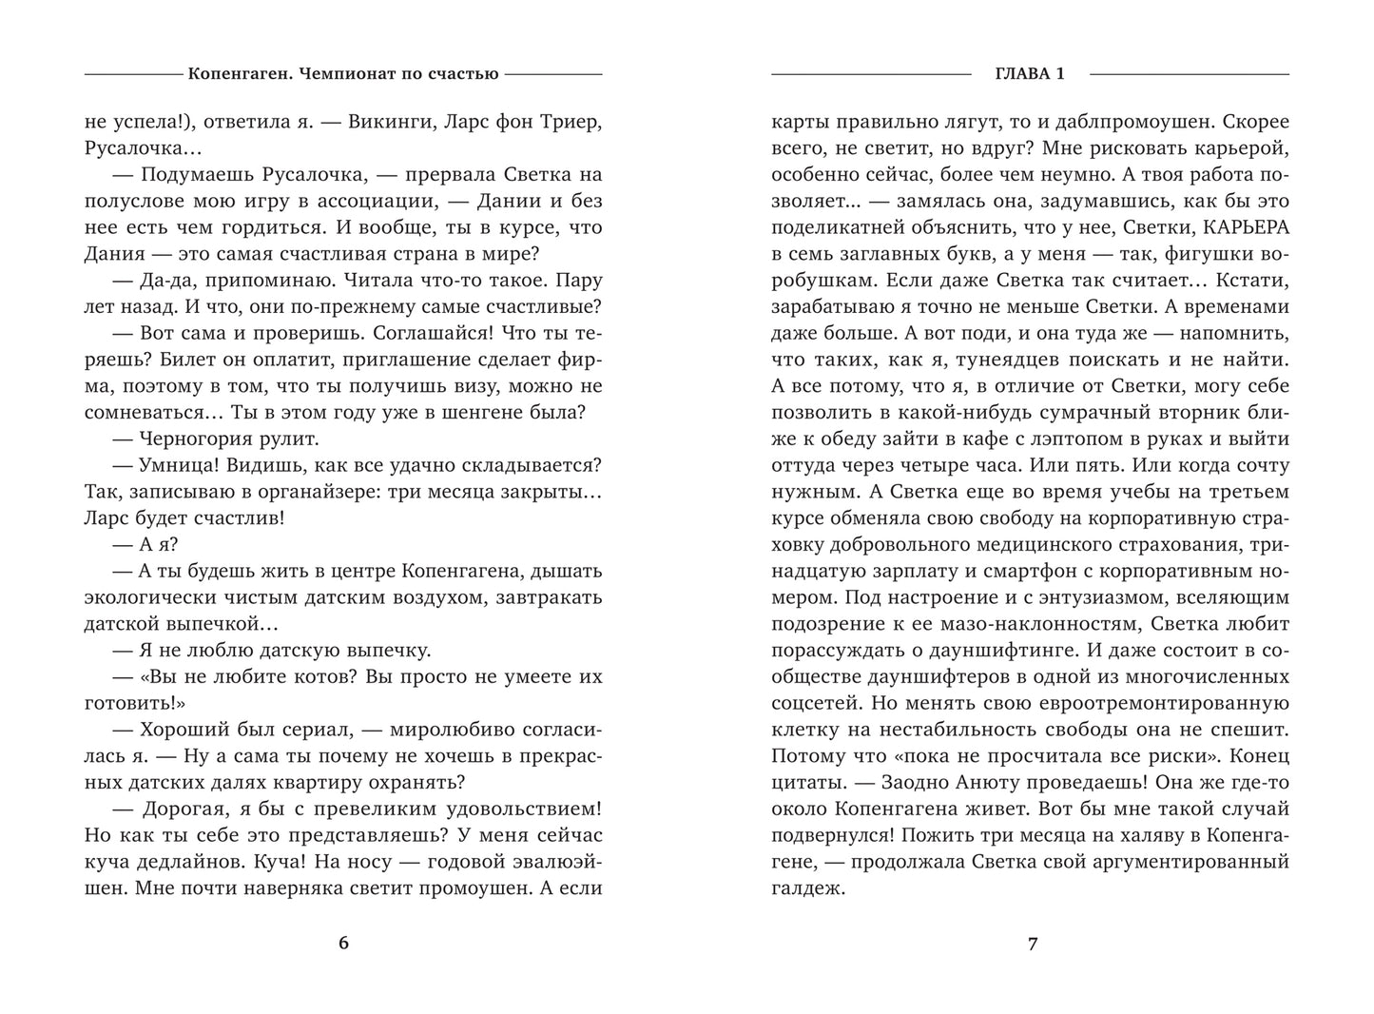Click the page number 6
click(x=343, y=944)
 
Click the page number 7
click(x=1032, y=944)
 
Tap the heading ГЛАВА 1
click(x=1031, y=73)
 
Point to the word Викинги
click(x=390, y=123)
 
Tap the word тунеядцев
click(x=1012, y=360)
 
